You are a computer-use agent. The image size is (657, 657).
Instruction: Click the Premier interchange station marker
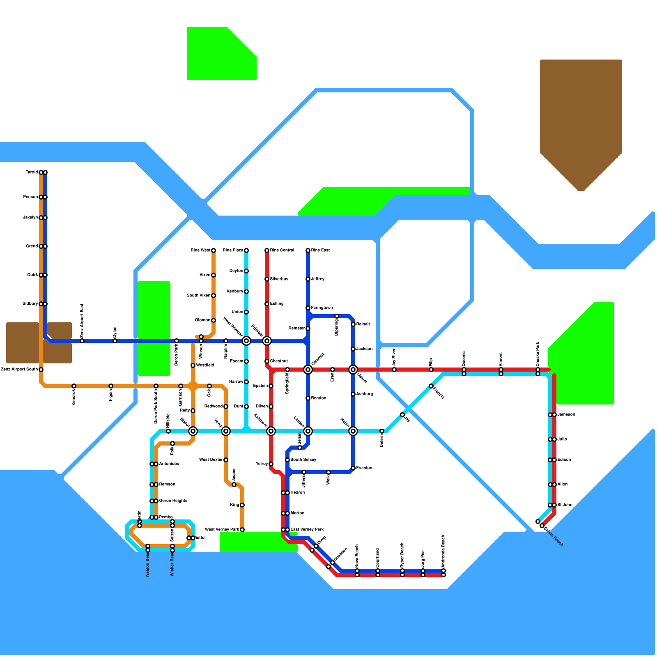tap(267, 341)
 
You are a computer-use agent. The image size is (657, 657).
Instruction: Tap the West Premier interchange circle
tap(246, 341)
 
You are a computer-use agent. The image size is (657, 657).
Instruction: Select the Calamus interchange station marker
tap(308, 370)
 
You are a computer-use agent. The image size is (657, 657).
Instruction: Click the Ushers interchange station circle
tap(353, 370)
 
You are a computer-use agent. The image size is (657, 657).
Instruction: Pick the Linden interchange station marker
tap(308, 431)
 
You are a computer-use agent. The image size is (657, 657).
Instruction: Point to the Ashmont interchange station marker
tap(271, 431)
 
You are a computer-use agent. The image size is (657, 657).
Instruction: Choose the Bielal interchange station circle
tap(193, 431)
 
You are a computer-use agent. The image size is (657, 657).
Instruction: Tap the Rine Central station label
tap(282, 250)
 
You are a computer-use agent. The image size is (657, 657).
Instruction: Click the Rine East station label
tap(320, 250)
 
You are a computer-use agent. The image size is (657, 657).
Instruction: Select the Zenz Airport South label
tap(19, 370)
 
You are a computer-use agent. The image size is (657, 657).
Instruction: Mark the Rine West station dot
tap(214, 250)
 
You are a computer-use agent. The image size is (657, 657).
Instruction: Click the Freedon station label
tap(364, 468)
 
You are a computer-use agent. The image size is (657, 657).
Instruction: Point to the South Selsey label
tap(303, 460)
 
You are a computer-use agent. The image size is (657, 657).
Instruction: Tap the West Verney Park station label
tap(222, 530)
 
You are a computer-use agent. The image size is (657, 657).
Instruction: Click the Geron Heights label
tap(173, 501)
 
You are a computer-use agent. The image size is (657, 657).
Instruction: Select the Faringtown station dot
tap(308, 308)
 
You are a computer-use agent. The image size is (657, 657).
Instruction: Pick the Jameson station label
tap(566, 415)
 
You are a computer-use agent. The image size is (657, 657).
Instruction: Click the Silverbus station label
tap(279, 279)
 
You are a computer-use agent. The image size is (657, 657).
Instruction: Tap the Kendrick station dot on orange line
tap(74, 386)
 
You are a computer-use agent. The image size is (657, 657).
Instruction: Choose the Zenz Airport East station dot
tap(82, 341)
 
